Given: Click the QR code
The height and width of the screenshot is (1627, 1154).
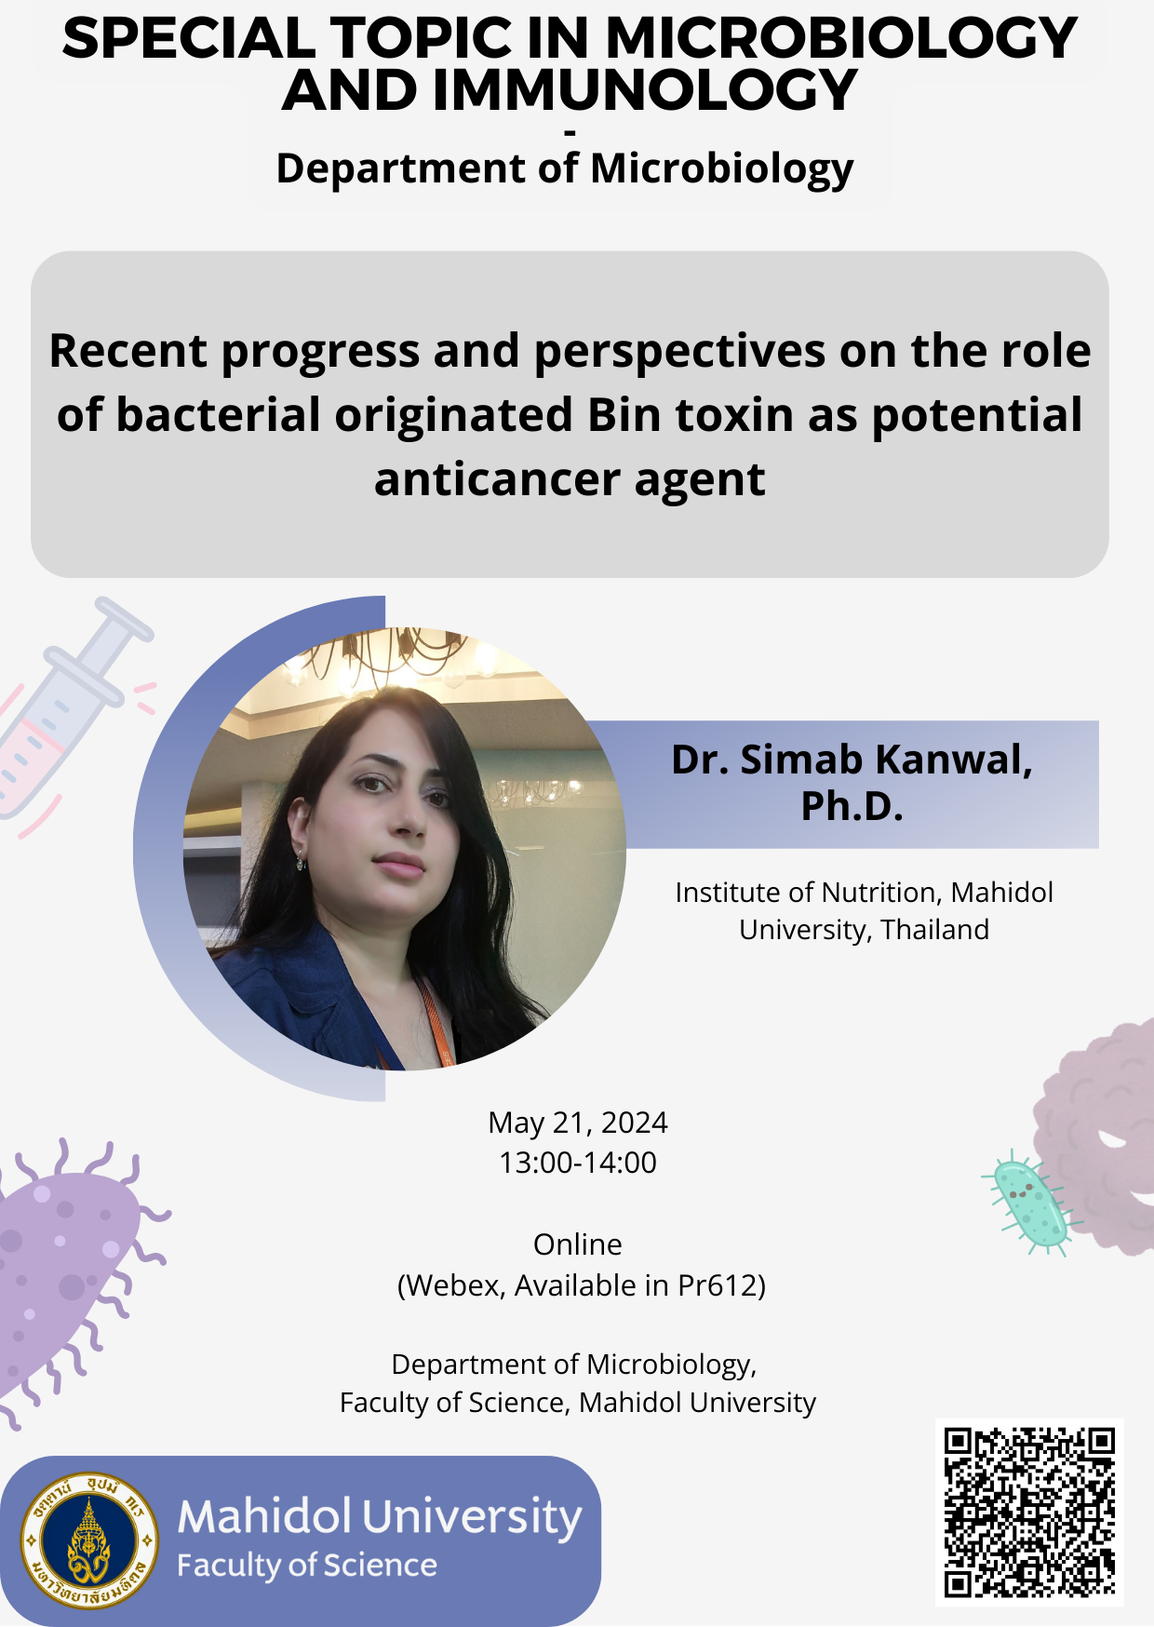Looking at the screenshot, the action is coord(1029,1513).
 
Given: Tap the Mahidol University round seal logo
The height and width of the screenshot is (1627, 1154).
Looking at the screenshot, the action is coord(89,1540).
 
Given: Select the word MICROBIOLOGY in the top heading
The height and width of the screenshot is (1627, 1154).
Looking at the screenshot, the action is coord(841,38).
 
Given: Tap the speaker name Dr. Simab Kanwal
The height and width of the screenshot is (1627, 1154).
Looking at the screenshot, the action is coord(852,760).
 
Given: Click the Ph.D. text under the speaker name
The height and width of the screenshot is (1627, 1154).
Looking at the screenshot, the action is coord(852,806).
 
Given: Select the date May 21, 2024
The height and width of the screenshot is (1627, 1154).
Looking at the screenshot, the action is coord(578,1123).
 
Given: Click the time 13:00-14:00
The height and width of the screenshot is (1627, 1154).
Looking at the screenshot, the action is coord(578,1163).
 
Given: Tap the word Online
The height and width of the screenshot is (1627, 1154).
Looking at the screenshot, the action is coord(578,1244).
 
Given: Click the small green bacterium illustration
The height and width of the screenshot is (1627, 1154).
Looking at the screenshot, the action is coord(1030,1203).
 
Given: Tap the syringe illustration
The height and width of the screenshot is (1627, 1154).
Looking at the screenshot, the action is coord(65,717).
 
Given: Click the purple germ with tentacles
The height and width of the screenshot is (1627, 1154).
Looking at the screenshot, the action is coord(70,1280).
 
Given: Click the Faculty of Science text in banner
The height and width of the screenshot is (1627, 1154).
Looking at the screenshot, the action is coord(307,1566).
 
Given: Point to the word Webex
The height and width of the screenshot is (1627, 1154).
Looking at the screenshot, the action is coord(455,1285).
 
